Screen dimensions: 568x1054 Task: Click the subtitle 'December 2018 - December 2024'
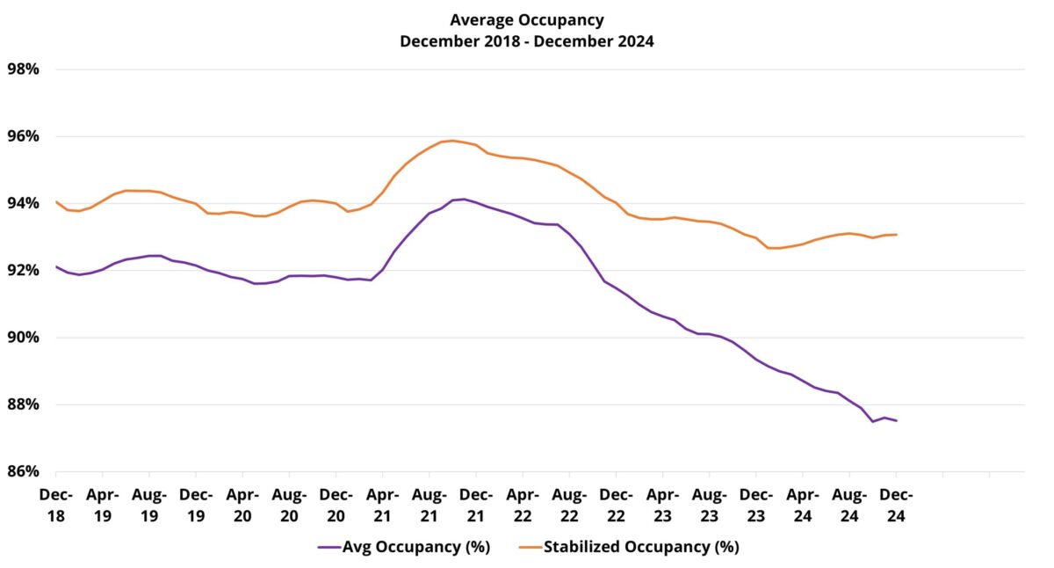(526, 41)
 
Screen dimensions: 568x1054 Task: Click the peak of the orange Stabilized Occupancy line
(452, 141)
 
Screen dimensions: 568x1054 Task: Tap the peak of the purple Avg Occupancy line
(464, 199)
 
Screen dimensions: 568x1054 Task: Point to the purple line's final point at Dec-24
(896, 420)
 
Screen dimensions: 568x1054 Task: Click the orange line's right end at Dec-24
(896, 234)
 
